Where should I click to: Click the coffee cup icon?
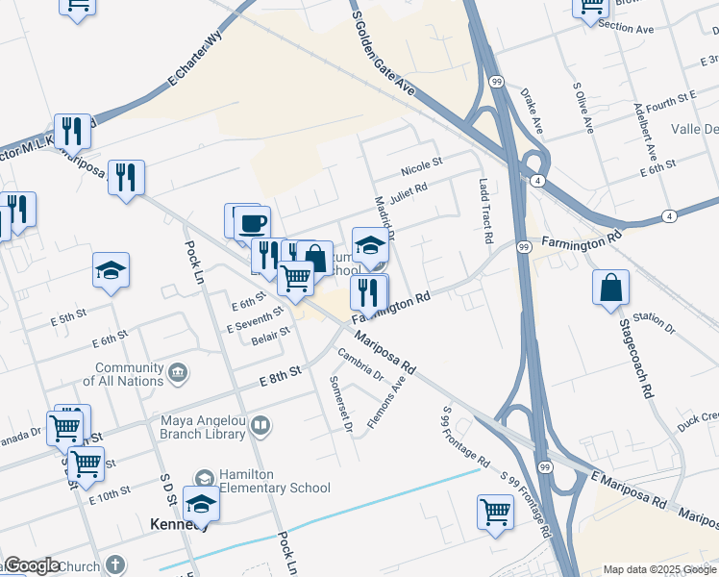click(x=252, y=223)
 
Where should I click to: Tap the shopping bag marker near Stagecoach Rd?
click(x=611, y=287)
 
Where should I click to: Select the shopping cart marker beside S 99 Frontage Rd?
click(x=495, y=511)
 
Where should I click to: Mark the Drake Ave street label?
click(x=532, y=112)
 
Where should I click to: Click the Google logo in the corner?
click(x=32, y=565)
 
